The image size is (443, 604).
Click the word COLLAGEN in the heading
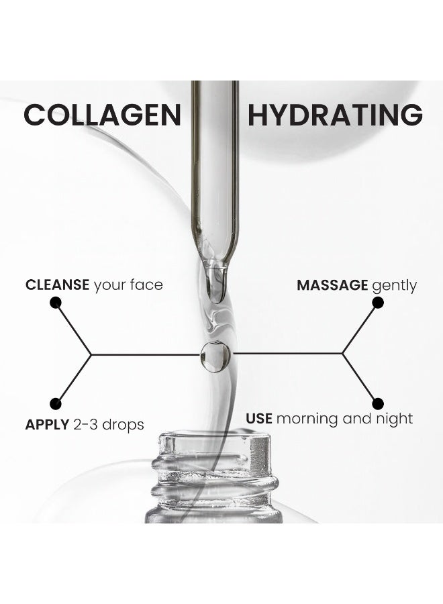tap(103, 115)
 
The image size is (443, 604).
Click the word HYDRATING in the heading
tap(335, 115)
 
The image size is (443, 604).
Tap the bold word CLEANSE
tap(58, 285)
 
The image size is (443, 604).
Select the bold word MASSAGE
tap(332, 285)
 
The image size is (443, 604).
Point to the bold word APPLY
tap(47, 425)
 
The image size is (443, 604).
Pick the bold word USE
tap(259, 419)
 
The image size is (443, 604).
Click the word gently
tap(394, 286)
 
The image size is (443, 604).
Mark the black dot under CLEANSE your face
tap(56, 303)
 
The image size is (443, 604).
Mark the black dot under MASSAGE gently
tap(378, 303)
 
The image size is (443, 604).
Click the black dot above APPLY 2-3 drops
tap(56, 404)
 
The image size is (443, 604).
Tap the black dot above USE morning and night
tap(378, 403)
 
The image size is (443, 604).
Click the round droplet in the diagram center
tap(215, 356)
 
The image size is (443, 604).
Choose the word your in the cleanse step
tap(110, 285)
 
